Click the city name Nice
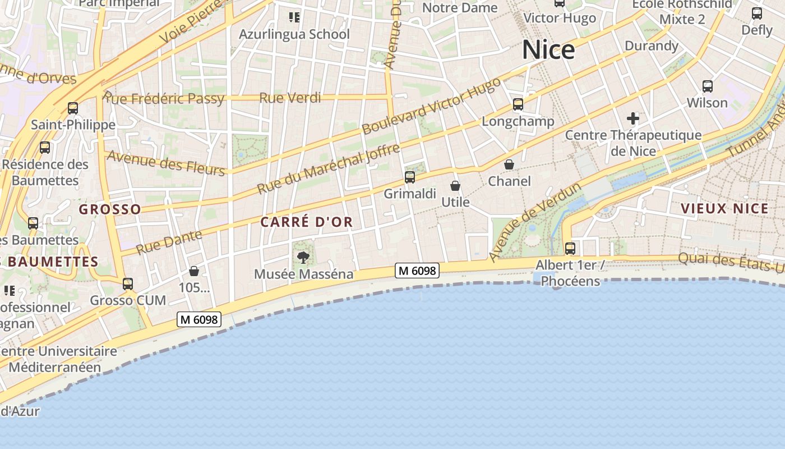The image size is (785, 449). pos(548,50)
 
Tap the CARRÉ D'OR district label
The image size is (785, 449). pos(307,222)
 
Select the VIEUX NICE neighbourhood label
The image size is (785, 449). pos(724,209)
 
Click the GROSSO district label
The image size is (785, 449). pos(110,209)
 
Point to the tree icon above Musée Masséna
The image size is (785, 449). pos(303,258)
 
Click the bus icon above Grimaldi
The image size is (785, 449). pos(410,177)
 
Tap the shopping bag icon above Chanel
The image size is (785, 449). pos(509,164)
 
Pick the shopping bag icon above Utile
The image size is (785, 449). pos(455,185)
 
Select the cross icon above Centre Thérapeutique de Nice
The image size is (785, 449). pos(633,118)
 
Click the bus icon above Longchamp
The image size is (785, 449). pos(518,104)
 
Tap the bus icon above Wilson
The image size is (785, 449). pos(708,86)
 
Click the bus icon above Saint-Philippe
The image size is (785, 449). pos(73,108)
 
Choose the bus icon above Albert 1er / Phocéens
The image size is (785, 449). pos(570,248)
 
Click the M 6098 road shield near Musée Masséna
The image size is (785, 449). pos(417,271)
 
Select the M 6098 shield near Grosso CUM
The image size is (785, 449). pos(200,320)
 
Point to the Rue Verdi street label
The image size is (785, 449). pos(290,98)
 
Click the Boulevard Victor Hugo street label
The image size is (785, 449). pos(431,106)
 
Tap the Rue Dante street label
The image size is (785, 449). pos(169,242)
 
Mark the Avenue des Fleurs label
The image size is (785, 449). pos(165,163)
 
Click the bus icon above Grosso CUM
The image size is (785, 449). pos(128,284)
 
